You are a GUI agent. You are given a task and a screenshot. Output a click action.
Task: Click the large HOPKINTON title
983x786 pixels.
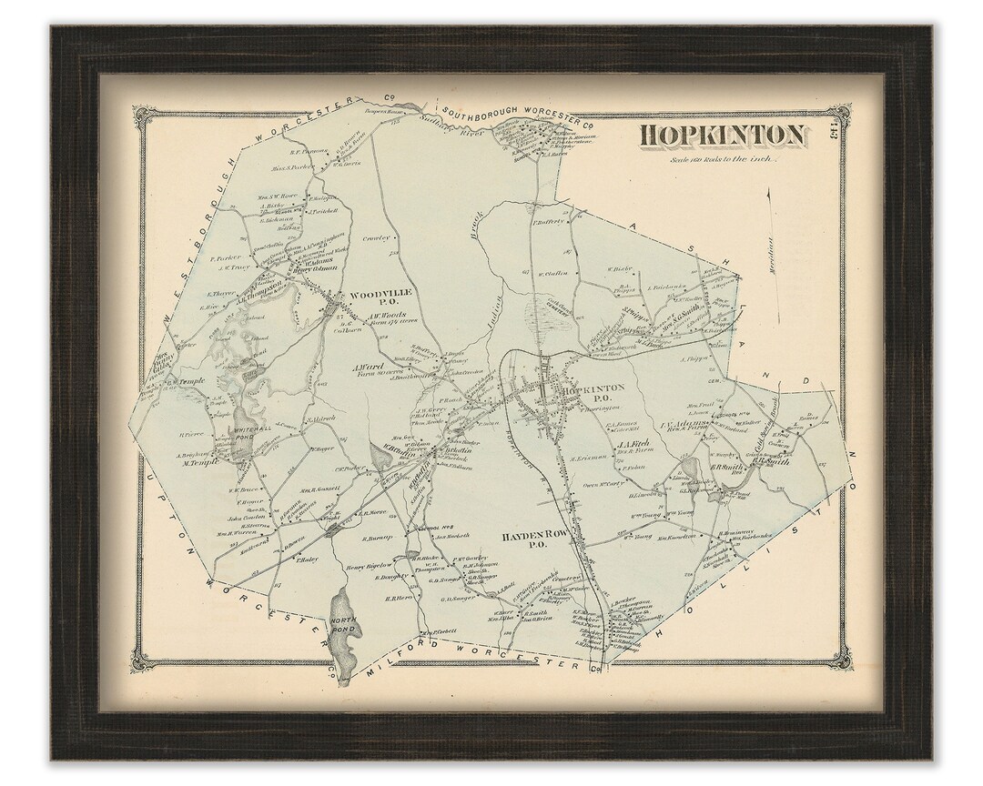coord(723,136)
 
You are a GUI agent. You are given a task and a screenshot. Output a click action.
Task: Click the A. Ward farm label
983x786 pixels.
coord(365,369)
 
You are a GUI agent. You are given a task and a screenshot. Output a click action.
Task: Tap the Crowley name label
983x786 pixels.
coord(375,238)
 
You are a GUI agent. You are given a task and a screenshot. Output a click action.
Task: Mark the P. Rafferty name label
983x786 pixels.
coord(550,221)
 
